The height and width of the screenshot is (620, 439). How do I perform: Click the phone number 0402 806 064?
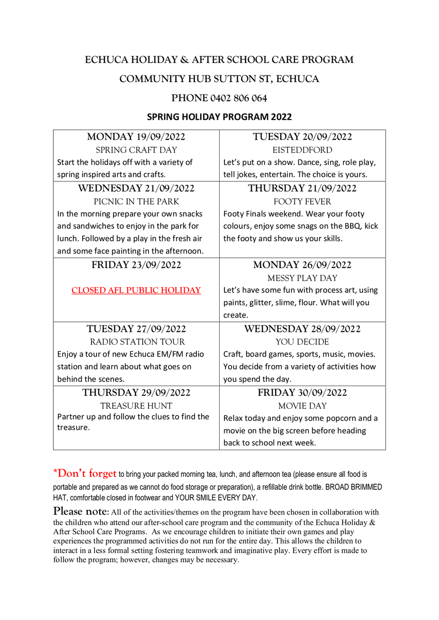238,98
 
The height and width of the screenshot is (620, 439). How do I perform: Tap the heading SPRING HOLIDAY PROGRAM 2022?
219,117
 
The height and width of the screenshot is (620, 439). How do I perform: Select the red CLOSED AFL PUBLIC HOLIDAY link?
136,290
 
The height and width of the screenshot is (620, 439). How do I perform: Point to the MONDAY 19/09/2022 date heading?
136,137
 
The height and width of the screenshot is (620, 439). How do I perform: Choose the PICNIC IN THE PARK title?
136,202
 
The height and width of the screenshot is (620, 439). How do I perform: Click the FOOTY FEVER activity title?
302,202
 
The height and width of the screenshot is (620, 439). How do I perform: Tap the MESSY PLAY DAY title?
302,278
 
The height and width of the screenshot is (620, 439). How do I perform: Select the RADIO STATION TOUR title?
136,342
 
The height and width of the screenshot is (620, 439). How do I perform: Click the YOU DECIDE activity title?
302,342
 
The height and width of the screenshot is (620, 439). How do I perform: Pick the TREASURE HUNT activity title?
136,406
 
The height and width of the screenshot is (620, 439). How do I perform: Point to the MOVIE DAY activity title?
302,406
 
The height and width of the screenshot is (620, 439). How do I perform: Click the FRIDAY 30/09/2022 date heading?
302,393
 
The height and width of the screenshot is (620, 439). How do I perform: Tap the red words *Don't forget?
85,473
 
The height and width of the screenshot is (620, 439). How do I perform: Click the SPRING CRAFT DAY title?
136,150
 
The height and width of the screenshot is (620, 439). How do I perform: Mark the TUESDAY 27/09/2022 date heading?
136,329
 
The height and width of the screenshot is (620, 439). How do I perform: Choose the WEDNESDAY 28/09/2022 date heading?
302,329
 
